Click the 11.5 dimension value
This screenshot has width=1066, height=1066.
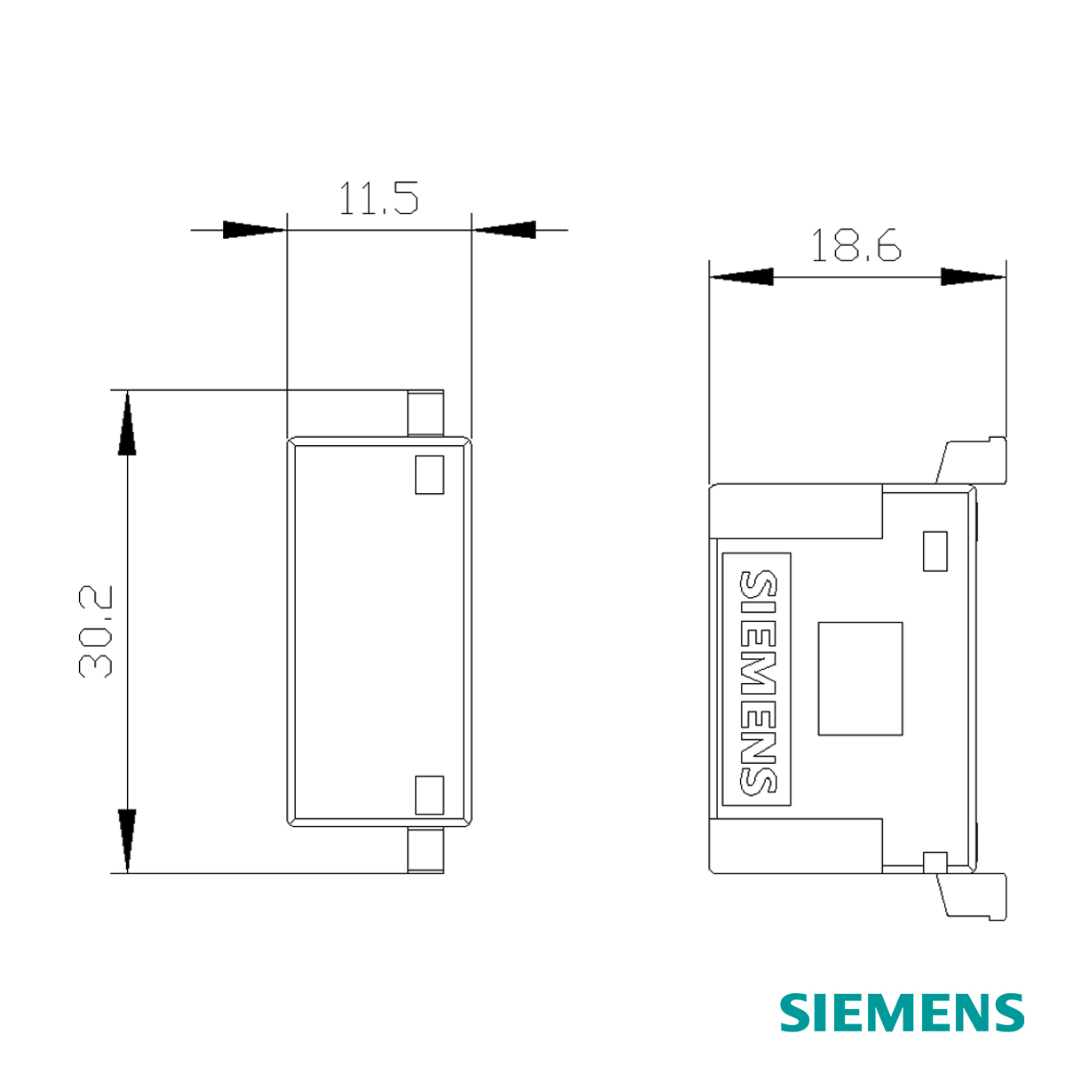(x=378, y=199)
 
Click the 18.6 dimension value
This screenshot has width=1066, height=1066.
(x=856, y=245)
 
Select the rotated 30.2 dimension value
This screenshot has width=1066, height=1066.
(x=97, y=632)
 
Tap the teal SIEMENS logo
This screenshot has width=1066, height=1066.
(x=903, y=1013)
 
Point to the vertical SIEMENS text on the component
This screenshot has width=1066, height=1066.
(x=757, y=682)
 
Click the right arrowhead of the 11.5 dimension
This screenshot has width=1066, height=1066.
(x=505, y=230)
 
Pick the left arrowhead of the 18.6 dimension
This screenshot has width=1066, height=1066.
(x=741, y=277)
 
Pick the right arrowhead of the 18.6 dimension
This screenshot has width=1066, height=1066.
(x=973, y=277)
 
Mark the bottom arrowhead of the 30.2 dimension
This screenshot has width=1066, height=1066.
(x=128, y=839)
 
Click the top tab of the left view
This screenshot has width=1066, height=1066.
(x=426, y=413)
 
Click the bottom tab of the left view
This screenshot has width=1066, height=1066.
(x=426, y=850)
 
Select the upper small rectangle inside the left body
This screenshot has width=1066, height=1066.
(x=429, y=474)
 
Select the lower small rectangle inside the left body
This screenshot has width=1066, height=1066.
(x=429, y=794)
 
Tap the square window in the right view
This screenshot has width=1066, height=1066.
(x=860, y=679)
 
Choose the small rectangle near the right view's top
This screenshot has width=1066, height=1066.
(x=935, y=551)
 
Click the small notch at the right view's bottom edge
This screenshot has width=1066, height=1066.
(x=935, y=861)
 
